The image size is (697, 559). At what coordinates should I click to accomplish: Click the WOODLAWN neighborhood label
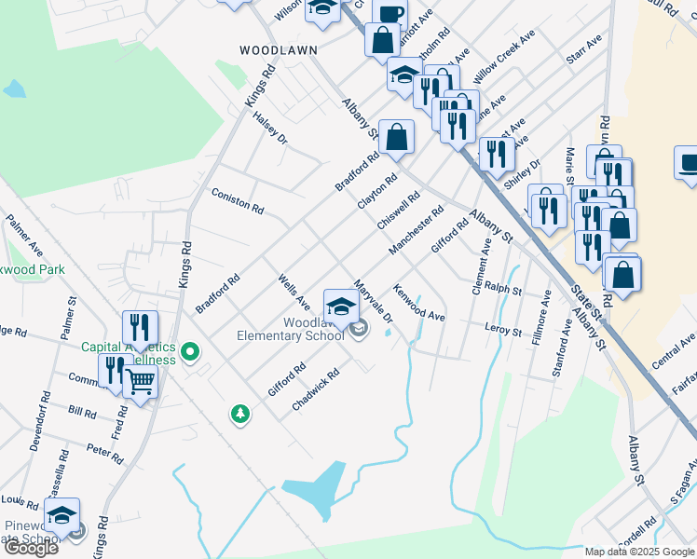(x=278, y=50)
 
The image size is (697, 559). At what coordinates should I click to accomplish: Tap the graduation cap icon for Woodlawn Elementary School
(x=341, y=306)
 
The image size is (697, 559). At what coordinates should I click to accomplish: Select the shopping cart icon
(x=140, y=379)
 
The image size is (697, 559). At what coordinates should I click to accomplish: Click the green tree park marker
(x=240, y=414)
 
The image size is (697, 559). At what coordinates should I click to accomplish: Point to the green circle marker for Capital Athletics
(x=190, y=352)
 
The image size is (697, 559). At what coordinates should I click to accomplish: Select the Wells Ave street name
(x=294, y=290)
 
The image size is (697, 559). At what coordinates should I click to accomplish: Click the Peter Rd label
(x=104, y=454)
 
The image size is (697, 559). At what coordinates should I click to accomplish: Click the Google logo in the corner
(x=31, y=548)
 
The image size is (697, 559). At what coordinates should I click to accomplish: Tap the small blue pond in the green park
(x=13, y=89)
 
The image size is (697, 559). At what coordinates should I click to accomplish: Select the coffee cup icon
(x=389, y=13)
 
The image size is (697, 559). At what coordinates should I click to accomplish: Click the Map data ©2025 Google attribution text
(x=639, y=552)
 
